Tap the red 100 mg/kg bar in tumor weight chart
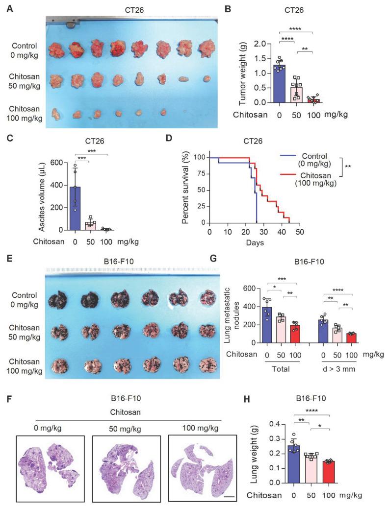point(313,100)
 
